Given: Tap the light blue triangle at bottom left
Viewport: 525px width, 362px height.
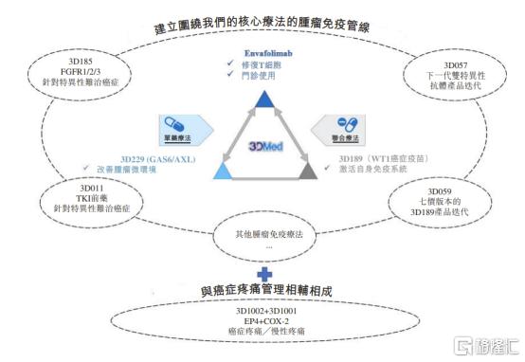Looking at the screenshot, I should coord(224,171).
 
